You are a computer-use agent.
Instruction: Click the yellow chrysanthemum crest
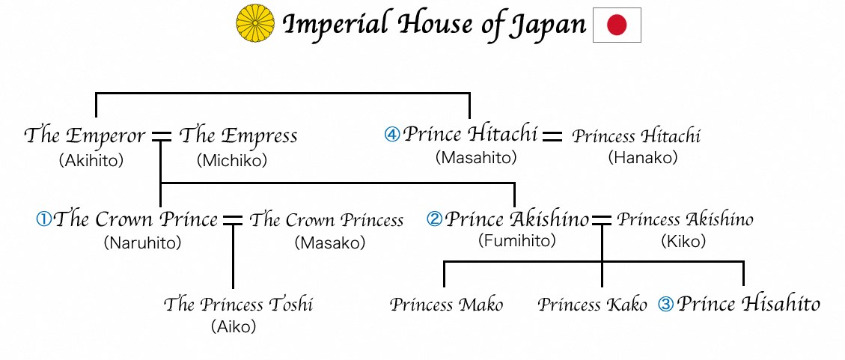[255, 24]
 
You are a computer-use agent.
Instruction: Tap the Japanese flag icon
[617, 25]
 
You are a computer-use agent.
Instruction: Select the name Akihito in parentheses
[91, 161]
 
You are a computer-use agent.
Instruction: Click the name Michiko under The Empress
[232, 161]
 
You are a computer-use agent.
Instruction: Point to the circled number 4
[391, 134]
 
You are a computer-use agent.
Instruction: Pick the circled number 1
[43, 219]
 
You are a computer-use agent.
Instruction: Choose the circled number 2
[434, 219]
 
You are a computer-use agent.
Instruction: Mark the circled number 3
[666, 305]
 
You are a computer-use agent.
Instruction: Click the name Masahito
[476, 157]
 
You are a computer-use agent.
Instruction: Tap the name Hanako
[642, 157]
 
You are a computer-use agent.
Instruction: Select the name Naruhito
[142, 243]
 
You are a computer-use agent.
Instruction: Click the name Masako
[330, 243]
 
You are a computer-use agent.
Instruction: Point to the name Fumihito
[517, 240]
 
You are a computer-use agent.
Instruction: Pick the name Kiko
[683, 242]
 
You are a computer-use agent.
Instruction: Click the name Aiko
[234, 326]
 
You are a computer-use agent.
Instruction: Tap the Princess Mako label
[447, 305]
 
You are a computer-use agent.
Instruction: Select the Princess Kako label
[592, 305]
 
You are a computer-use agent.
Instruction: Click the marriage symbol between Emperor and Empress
[161, 136]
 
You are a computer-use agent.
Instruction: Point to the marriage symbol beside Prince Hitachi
[552, 135]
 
